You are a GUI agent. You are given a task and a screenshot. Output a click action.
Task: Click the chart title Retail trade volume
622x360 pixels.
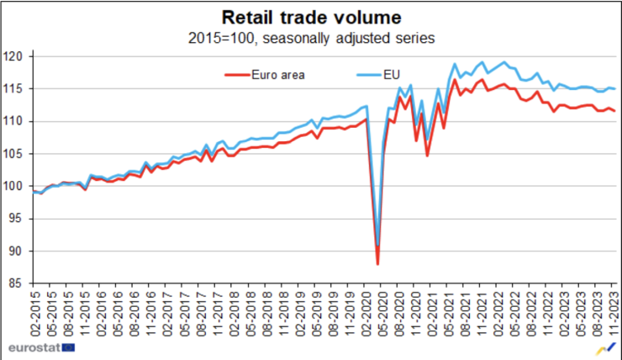[x=311, y=17]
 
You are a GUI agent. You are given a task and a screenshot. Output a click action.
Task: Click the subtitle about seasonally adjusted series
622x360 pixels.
[x=311, y=38]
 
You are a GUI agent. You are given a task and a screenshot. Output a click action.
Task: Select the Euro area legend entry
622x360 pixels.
[x=277, y=74]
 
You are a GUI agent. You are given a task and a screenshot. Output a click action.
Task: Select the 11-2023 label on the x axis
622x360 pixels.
[x=614, y=315]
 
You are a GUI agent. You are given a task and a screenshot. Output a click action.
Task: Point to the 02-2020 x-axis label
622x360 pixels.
[x=365, y=315]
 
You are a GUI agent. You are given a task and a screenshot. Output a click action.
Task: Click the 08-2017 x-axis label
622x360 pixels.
[x=201, y=315]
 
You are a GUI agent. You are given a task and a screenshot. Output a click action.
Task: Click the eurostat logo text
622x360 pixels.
[x=30, y=347]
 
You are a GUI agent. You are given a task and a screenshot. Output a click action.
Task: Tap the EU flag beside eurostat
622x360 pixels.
[x=67, y=347]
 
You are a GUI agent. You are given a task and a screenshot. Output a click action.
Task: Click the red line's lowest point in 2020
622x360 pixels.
[x=377, y=264]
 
